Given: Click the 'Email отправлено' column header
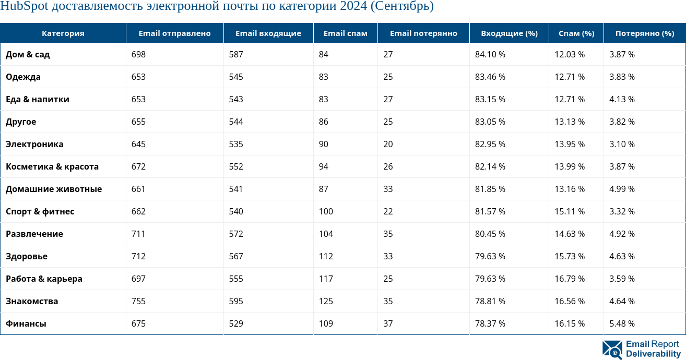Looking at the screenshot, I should pos(174,33).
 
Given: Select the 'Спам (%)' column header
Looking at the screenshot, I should pos(576,33).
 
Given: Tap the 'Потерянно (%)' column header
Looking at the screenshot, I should pos(645,33).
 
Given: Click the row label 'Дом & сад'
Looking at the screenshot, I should pos(28,54).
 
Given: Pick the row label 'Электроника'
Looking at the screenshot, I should pos(34,144).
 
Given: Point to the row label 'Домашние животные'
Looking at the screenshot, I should pos(54,189).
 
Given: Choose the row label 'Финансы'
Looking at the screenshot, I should pos(26,323).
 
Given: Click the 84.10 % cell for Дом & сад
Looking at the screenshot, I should pos(490,54).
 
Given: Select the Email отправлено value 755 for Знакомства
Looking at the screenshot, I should pos(138,301).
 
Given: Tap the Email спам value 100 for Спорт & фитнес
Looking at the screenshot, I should pos(326,211).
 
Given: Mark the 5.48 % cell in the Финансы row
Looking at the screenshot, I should pos(622,323).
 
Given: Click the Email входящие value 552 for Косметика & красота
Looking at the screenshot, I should pos(236,166).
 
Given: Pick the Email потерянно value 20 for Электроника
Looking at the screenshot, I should pos(388,144).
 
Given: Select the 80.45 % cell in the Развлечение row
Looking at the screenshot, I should pos(490,234).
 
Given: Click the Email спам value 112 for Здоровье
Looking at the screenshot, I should pos(326,256).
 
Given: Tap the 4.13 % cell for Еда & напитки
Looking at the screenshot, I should pos(622,99).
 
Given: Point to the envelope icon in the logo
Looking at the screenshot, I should pos(612,350).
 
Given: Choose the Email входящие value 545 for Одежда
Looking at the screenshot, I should pos(236,77).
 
